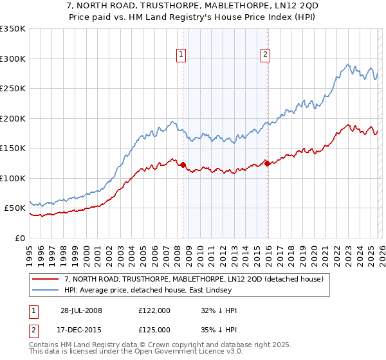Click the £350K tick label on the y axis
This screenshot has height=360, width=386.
click(x=13, y=29)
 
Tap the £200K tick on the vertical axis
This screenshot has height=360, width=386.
click(x=13, y=118)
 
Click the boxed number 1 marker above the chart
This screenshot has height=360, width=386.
click(x=182, y=55)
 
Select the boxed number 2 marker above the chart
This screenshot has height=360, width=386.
click(x=265, y=55)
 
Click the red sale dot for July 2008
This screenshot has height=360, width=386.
click(x=183, y=165)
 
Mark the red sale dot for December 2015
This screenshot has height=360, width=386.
click(x=267, y=163)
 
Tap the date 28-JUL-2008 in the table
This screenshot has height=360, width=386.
click(x=80, y=310)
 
